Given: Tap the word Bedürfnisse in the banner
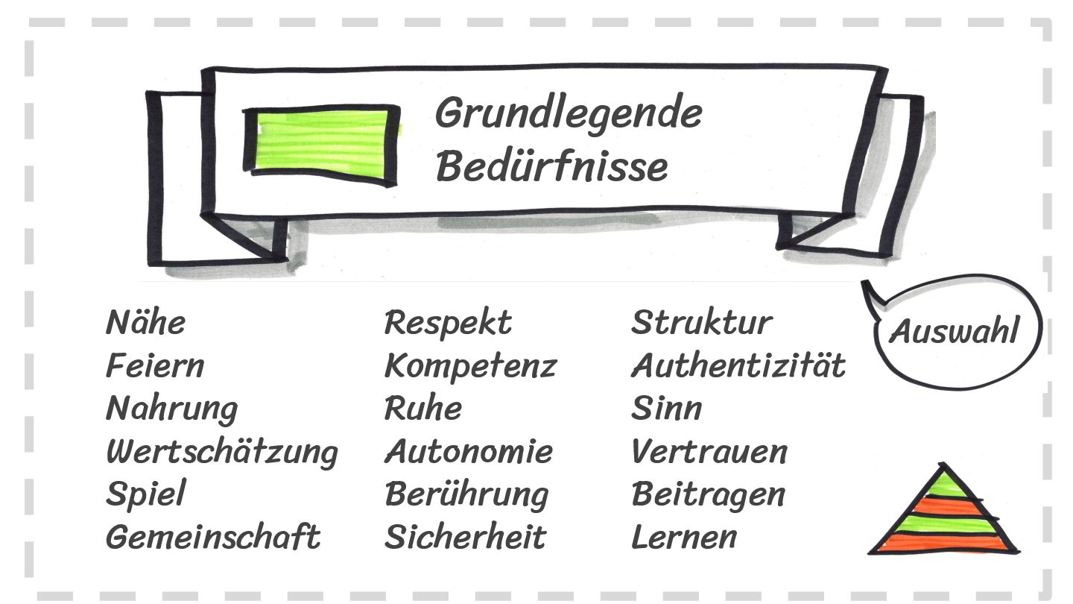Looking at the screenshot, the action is (551, 166).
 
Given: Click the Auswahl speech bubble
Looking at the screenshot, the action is (955, 331).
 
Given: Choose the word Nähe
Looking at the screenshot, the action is (145, 324).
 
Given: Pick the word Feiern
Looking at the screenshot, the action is (154, 366).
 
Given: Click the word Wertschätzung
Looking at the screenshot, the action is (221, 452).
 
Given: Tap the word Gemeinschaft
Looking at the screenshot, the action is (212, 537).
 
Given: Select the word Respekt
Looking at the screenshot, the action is (448, 324).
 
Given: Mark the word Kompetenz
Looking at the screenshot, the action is (470, 366).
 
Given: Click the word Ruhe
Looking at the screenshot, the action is (422, 409).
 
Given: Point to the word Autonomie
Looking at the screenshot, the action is (469, 452).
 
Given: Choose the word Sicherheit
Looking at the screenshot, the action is (465, 537).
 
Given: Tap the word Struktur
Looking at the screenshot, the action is (701, 324).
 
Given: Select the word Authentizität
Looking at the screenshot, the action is (738, 366).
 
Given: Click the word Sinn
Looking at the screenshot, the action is (666, 409).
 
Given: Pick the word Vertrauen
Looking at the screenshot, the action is (709, 452).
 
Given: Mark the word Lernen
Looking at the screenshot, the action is (683, 537).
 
